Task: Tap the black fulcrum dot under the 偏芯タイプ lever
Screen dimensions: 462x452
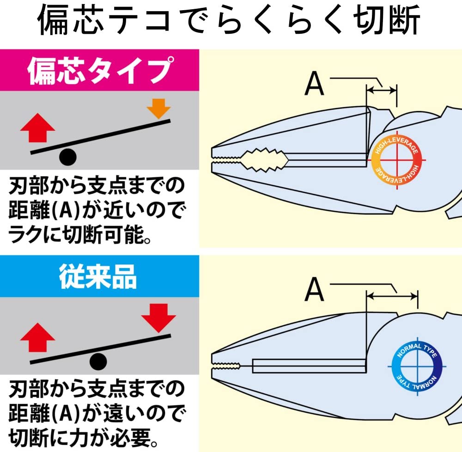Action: [68, 157]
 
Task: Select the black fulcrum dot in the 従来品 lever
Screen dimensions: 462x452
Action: [98, 361]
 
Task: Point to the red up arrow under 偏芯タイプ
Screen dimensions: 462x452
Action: [38, 128]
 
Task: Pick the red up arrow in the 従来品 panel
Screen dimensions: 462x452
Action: [38, 337]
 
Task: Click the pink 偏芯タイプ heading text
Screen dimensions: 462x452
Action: [100, 71]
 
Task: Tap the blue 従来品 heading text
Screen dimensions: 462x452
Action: [98, 276]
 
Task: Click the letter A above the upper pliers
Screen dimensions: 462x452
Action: [314, 84]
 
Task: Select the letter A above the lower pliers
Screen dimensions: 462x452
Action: [314, 289]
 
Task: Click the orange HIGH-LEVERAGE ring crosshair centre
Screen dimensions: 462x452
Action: [397, 160]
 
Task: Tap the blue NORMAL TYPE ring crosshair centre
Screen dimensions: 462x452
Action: [417, 366]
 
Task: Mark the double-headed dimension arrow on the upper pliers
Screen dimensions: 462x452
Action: [382, 90]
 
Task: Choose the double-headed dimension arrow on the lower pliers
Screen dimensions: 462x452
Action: [392, 296]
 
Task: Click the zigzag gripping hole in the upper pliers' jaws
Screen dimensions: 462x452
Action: [265, 160]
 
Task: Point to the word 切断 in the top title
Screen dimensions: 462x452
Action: [387, 20]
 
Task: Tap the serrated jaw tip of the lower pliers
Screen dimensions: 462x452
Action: [226, 366]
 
